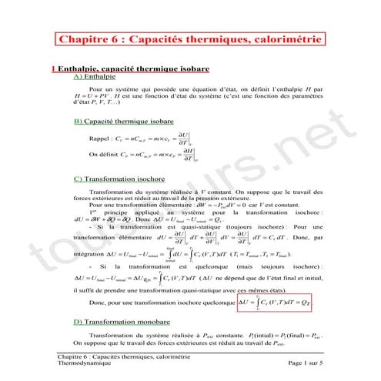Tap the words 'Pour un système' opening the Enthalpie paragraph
click(109, 89)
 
